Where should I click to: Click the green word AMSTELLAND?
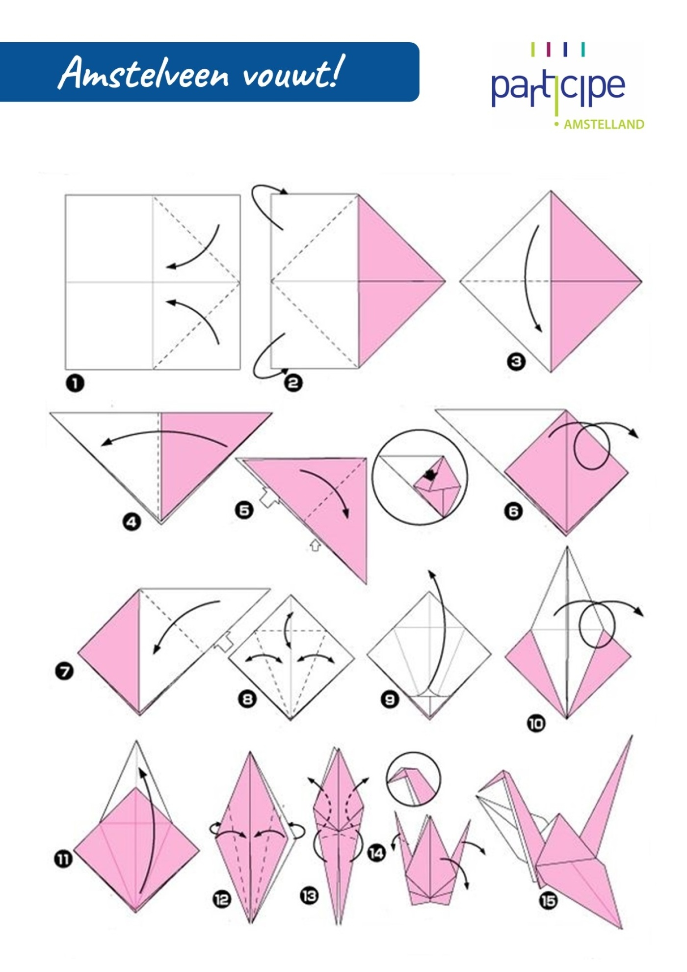click(x=604, y=125)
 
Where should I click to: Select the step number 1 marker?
click(x=75, y=383)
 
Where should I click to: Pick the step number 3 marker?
click(x=516, y=362)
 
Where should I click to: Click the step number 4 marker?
click(x=132, y=522)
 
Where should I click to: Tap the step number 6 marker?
click(x=514, y=512)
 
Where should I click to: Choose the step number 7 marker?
click(x=64, y=671)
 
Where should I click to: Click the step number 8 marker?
click(x=247, y=699)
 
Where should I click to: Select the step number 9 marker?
click(x=390, y=700)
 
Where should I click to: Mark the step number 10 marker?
click(x=536, y=724)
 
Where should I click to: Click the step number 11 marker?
click(x=63, y=860)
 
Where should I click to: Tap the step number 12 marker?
click(x=222, y=899)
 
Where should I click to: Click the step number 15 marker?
click(x=549, y=901)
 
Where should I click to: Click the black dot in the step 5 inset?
click(x=430, y=475)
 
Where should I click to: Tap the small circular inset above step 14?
click(x=413, y=779)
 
